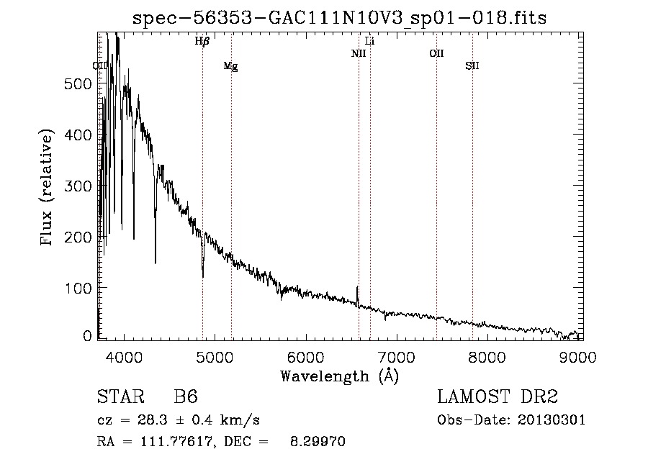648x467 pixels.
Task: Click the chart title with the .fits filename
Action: (x=339, y=19)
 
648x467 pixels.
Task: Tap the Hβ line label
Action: (x=202, y=42)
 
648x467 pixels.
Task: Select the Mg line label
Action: (x=230, y=66)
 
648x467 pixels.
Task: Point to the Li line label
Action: (x=370, y=42)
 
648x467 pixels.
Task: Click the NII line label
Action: (x=359, y=54)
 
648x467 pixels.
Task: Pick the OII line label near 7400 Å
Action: (x=436, y=54)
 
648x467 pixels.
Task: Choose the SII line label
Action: (x=472, y=66)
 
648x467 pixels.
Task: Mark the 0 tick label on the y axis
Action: (x=87, y=336)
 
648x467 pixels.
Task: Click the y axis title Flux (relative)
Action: (x=48, y=189)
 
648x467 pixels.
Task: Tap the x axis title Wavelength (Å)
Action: (x=339, y=376)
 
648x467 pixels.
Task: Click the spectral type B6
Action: (x=186, y=397)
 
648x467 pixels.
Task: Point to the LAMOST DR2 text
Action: (x=498, y=397)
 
